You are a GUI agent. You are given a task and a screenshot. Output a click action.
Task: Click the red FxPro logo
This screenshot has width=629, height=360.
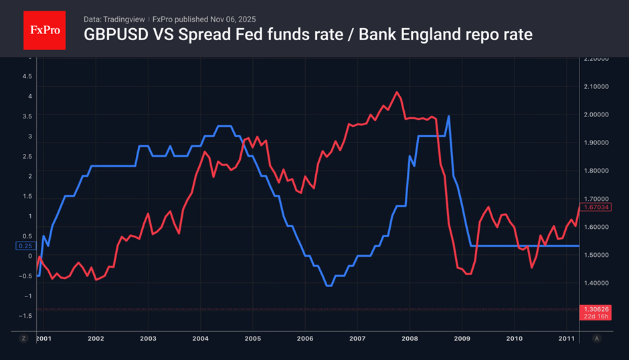coord(44,29)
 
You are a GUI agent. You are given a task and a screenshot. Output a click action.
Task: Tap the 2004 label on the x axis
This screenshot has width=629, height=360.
coord(200,339)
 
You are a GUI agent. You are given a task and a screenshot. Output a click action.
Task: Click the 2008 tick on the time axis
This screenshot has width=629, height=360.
coord(410,339)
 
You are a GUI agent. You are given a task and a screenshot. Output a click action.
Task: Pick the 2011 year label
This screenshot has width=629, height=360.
coord(567,339)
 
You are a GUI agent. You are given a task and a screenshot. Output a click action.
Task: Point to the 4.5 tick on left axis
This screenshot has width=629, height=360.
coord(27,76)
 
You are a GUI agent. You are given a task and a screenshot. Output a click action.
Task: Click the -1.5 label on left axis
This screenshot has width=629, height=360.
coord(26,316)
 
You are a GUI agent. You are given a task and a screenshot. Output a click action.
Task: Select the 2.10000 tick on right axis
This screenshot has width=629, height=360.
coord(596,86)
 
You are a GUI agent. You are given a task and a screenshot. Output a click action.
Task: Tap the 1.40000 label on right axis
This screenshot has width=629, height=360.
coord(596,283)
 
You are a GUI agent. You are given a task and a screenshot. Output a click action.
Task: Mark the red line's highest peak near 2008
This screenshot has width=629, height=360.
coord(397,92)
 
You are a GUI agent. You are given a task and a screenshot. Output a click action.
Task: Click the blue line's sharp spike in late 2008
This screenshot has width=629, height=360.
coord(448,116)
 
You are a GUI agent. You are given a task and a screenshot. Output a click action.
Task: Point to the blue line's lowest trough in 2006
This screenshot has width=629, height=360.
coord(329,286)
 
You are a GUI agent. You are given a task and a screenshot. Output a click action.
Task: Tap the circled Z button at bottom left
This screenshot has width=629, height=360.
coord(23,339)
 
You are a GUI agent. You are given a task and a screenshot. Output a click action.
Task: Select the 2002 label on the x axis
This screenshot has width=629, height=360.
coord(95,339)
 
